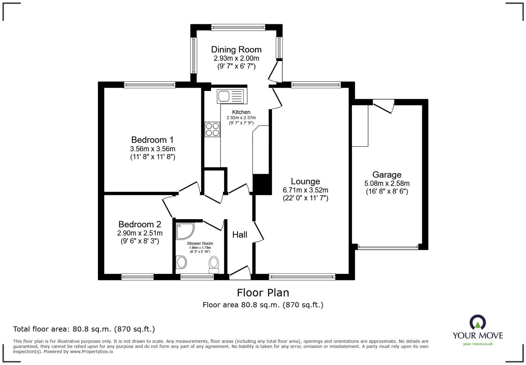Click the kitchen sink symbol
point(232,96)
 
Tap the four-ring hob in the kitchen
point(212,129)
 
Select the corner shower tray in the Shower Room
point(185,231)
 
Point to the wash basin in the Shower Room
point(181,262)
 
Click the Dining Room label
point(236,50)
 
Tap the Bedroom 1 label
point(152,140)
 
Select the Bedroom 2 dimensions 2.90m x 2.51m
point(140,233)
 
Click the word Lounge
point(305,181)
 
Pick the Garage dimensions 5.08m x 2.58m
point(387,183)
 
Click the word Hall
point(240,234)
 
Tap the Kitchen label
point(241,112)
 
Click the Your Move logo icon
point(478,322)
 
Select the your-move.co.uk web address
point(478,344)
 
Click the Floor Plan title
point(263,293)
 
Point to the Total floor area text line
point(84,329)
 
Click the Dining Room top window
point(238,28)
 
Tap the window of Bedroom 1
point(150,85)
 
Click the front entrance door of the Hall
point(240,273)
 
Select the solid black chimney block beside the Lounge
point(262,185)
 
